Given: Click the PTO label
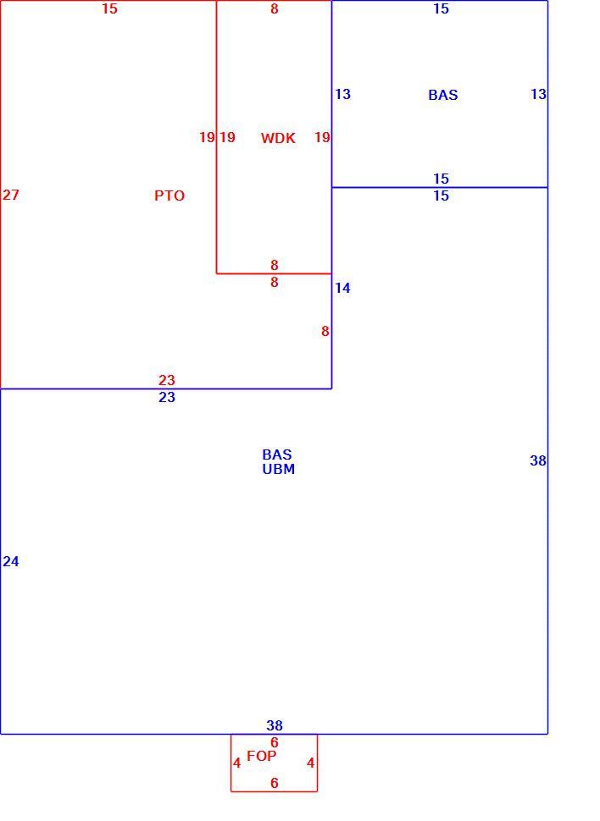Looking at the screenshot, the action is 169,196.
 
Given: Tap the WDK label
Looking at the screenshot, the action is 278,138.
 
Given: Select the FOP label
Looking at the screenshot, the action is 261,756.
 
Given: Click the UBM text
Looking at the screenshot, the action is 279,469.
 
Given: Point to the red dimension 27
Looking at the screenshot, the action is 11,195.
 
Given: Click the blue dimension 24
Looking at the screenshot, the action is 11,561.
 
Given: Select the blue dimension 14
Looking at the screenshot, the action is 342,288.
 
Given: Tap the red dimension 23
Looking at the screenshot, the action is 167,380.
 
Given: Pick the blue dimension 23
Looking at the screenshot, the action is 167,398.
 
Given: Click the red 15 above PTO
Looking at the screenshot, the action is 109,9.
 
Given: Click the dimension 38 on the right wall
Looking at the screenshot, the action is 538,460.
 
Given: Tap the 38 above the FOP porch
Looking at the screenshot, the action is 275,725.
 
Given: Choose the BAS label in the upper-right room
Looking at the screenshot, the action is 443,96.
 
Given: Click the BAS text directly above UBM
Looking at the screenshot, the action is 277,455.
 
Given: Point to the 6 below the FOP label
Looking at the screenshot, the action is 275,783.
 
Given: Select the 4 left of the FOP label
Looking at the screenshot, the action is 237,763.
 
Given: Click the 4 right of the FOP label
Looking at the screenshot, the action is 310,763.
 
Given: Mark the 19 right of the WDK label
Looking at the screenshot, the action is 322,138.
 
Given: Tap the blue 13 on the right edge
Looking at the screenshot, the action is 539,94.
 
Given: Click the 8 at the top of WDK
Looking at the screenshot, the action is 275,9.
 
